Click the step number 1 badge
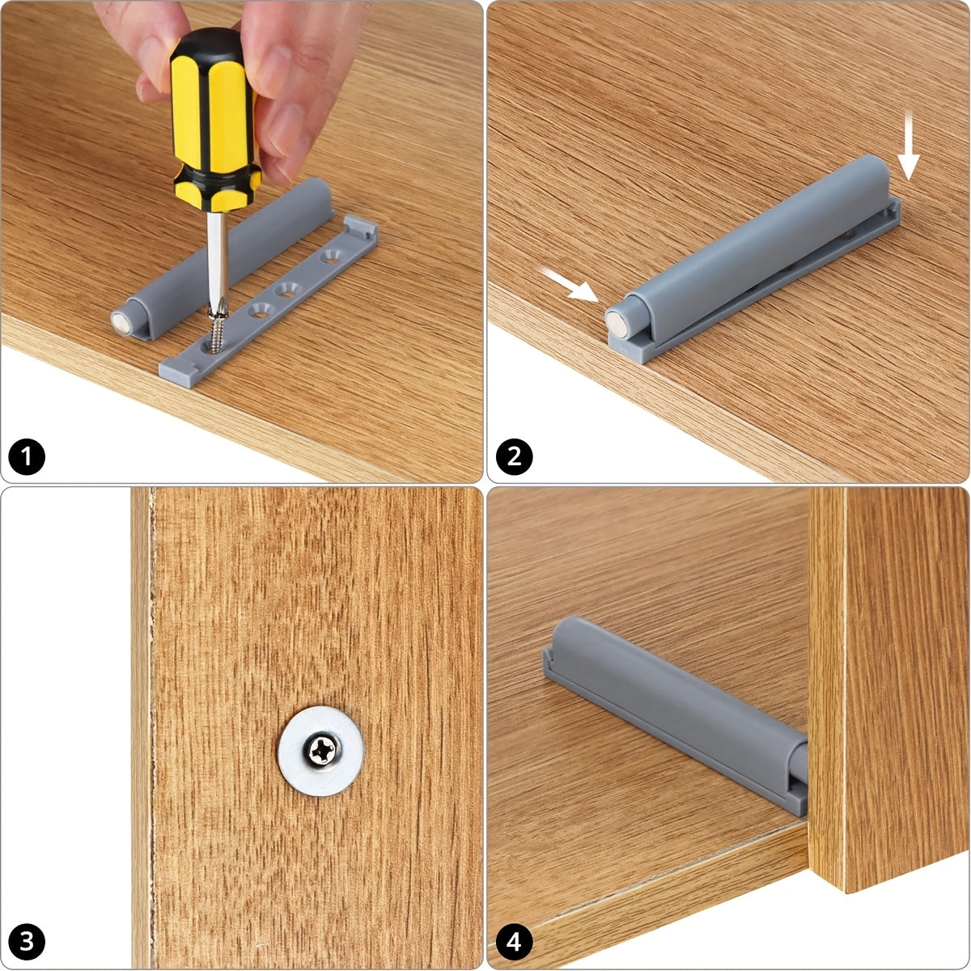tap(27, 457)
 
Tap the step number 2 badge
tap(514, 457)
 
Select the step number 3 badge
tap(27, 942)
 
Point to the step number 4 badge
tap(514, 942)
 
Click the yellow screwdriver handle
tap(214, 118)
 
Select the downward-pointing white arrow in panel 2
tap(908, 146)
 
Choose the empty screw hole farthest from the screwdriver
tap(331, 257)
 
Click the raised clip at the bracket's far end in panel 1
tap(361, 227)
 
